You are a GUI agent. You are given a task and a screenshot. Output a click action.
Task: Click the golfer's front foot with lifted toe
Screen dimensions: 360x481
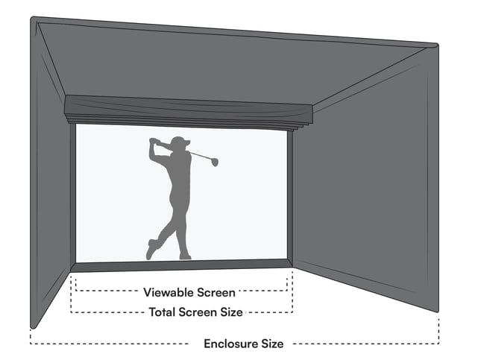[x=152, y=249]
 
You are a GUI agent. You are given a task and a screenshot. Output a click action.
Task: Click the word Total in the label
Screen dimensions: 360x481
[x=162, y=312]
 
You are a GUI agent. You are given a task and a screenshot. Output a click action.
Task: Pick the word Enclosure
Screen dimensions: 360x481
[x=231, y=344]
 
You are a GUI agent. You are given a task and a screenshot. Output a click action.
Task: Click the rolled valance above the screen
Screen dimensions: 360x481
[x=186, y=110]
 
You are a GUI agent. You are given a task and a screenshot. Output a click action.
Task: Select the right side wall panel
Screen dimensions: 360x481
[x=365, y=201]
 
